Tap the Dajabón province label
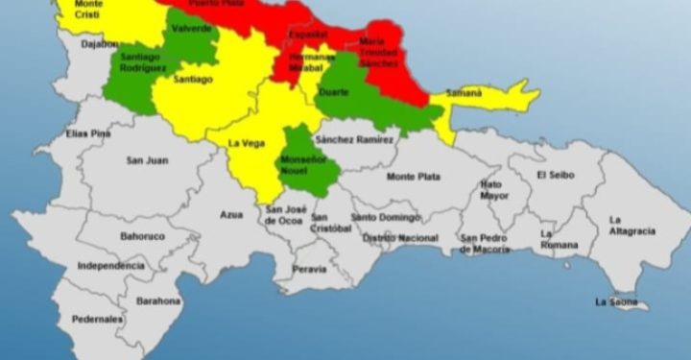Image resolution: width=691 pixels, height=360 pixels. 100,43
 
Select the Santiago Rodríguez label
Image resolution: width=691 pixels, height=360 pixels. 145,62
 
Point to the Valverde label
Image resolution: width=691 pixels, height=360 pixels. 192,29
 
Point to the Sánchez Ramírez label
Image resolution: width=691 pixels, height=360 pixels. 355,139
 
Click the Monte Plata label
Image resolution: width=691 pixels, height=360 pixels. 414,177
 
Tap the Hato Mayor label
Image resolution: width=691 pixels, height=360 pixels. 491,189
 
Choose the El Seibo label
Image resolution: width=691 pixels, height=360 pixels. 555,175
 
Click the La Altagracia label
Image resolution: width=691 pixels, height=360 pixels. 632,226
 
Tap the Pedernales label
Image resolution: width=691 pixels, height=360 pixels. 96,318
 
